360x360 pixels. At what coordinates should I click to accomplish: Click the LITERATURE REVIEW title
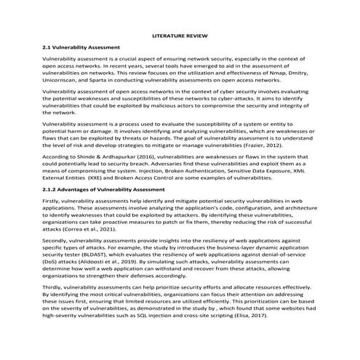coord(180,34)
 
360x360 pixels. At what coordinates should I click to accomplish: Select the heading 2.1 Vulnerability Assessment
coord(78,47)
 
